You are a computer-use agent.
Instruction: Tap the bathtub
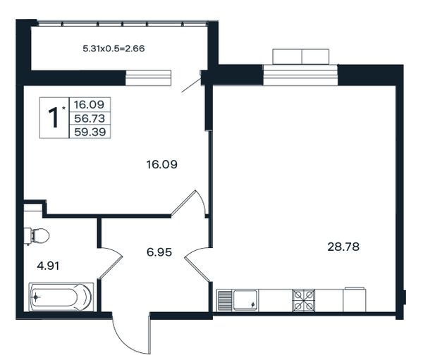point(61,297)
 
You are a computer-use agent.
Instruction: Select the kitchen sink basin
point(245,300)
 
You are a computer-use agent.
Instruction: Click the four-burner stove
point(304,300)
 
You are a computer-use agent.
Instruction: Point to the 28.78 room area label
point(343,247)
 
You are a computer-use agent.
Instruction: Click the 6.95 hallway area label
point(159,252)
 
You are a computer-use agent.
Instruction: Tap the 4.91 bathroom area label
point(48,266)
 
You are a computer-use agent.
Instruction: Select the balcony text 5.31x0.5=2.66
point(114,49)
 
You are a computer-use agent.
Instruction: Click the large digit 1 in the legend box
point(54,118)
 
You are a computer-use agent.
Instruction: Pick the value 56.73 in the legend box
point(90,118)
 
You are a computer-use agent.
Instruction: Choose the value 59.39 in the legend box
point(90,132)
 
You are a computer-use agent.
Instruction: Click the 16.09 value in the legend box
point(89,104)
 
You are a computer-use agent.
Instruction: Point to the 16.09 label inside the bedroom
point(162,164)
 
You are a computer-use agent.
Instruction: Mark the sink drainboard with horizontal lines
point(224,300)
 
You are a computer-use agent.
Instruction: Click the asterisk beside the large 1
point(63,108)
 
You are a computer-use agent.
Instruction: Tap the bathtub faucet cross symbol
point(36,297)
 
